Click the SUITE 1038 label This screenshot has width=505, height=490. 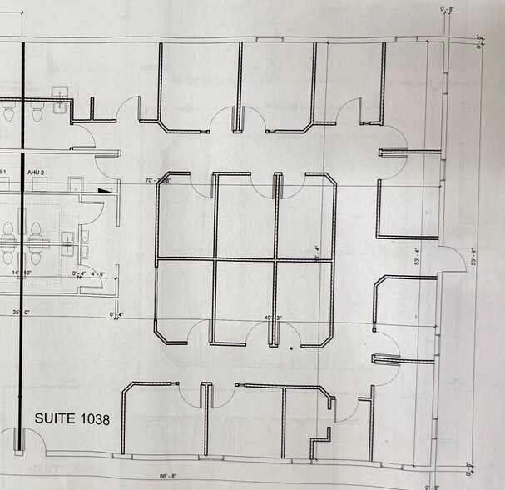click(x=72, y=419)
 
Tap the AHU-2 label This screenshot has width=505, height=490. click(x=36, y=172)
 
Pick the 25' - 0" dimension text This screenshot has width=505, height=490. click(x=21, y=312)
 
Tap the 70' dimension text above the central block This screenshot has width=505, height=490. click(x=158, y=180)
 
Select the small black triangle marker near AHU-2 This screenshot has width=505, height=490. click(x=103, y=190)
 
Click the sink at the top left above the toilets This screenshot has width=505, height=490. click(x=60, y=98)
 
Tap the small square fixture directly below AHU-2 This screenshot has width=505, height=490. click(x=75, y=185)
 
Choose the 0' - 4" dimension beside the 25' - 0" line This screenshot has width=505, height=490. click(x=116, y=314)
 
